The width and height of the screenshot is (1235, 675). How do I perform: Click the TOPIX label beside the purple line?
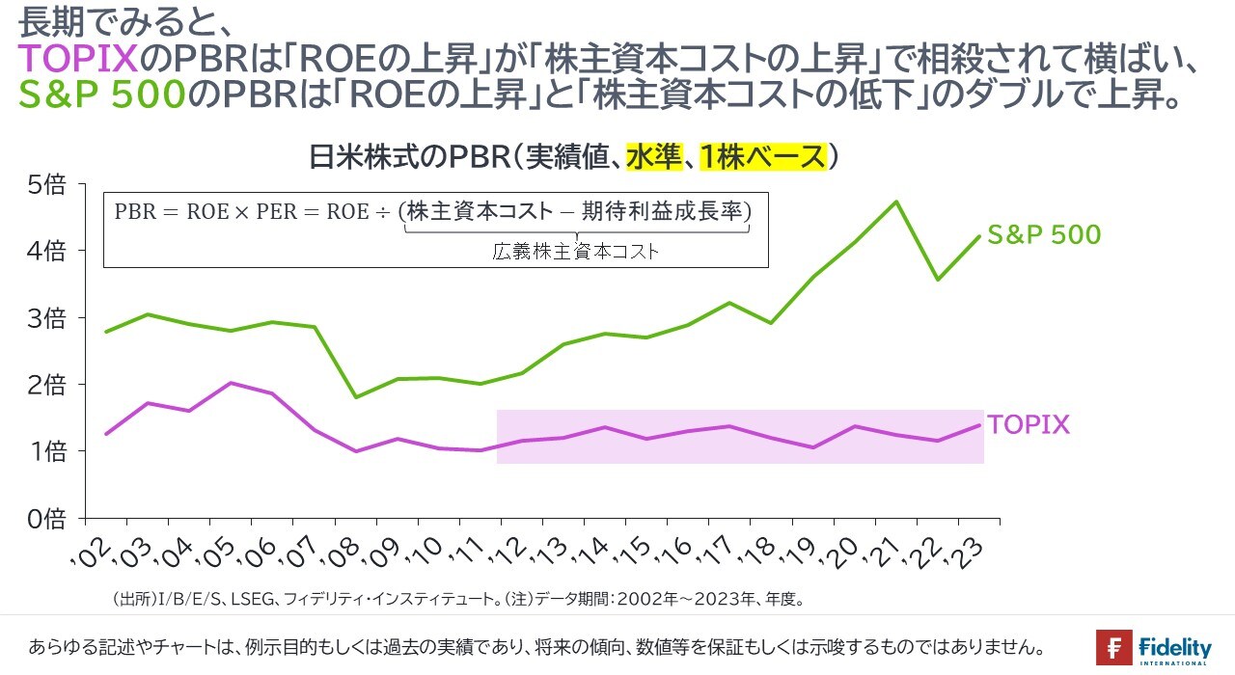pos(1028,425)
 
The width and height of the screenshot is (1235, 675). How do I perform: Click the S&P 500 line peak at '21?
pos(896,202)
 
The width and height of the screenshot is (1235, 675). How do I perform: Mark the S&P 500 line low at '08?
pos(356,397)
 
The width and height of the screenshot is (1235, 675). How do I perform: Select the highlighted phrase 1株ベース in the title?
pos(764,156)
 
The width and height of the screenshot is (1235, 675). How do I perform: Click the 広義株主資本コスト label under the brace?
pos(576,252)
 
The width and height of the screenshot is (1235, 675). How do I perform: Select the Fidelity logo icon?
pos(1114,647)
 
